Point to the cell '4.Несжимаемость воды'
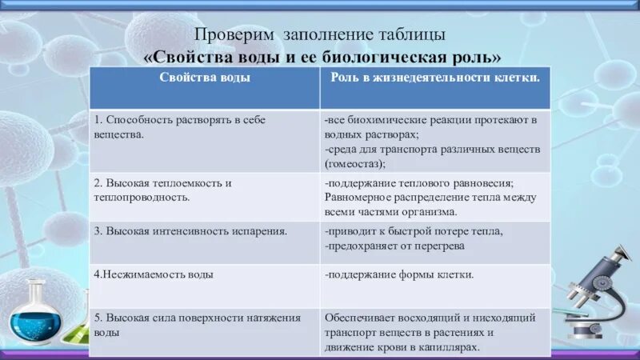(x=154, y=274)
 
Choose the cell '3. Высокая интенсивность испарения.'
(x=190, y=231)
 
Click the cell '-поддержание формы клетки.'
(x=399, y=274)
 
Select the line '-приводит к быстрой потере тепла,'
(x=414, y=231)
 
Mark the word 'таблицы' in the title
(x=417, y=36)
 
